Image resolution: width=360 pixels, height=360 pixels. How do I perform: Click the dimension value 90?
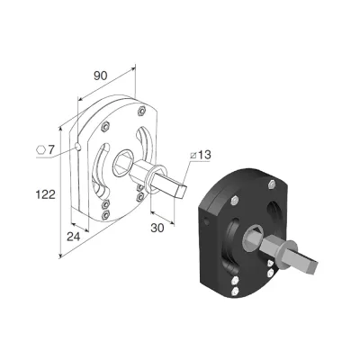coord(100,76)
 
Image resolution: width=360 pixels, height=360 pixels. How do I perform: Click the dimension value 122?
coord(46,194)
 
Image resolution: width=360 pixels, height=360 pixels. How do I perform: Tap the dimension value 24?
coord(74,237)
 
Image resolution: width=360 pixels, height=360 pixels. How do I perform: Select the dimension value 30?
coord(157,229)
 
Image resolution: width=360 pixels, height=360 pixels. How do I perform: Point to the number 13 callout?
coord(204,155)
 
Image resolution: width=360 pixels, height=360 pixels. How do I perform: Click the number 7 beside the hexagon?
coord(50,149)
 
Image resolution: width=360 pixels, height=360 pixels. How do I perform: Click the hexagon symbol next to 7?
coord(40,149)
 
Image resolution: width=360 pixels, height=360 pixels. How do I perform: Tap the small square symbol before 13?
coord(193,156)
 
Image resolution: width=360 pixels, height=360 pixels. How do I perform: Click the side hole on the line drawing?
coord(77,147)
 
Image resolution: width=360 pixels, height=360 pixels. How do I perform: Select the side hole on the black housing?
coord(206,222)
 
